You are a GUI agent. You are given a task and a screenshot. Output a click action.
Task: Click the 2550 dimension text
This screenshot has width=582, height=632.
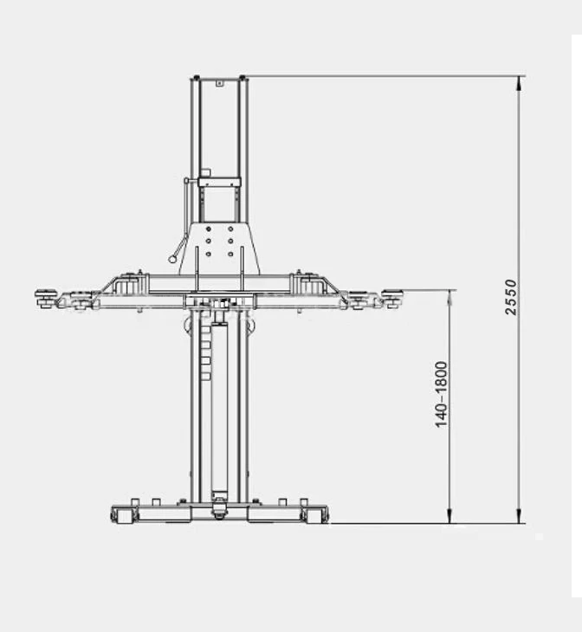[511, 297]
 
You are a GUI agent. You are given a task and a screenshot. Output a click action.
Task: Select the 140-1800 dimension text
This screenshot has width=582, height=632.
[442, 394]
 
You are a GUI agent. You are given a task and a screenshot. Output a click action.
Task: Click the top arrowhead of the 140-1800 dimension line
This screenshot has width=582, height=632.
[449, 295]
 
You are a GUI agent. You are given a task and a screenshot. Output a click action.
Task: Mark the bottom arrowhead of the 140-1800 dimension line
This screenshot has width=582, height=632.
[449, 517]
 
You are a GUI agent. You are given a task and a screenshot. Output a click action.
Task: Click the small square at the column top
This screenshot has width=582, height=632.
[220, 82]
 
